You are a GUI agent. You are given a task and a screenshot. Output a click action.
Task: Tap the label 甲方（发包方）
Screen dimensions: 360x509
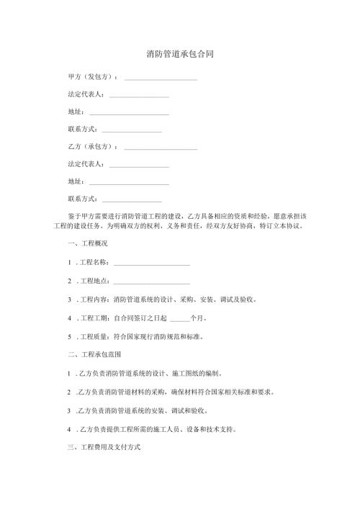pyautogui.click(x=92, y=76)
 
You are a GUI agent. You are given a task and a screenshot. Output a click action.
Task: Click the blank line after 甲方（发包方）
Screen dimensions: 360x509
pyautogui.click(x=161, y=78)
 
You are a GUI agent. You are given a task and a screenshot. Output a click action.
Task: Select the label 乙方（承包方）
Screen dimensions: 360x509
pyautogui.click(x=92, y=147)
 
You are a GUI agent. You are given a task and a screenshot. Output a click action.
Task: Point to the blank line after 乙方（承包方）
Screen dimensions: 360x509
pyautogui.click(x=161, y=148)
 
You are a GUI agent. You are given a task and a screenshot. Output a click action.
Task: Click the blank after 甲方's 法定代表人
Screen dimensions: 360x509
pyautogui.click(x=140, y=96)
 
